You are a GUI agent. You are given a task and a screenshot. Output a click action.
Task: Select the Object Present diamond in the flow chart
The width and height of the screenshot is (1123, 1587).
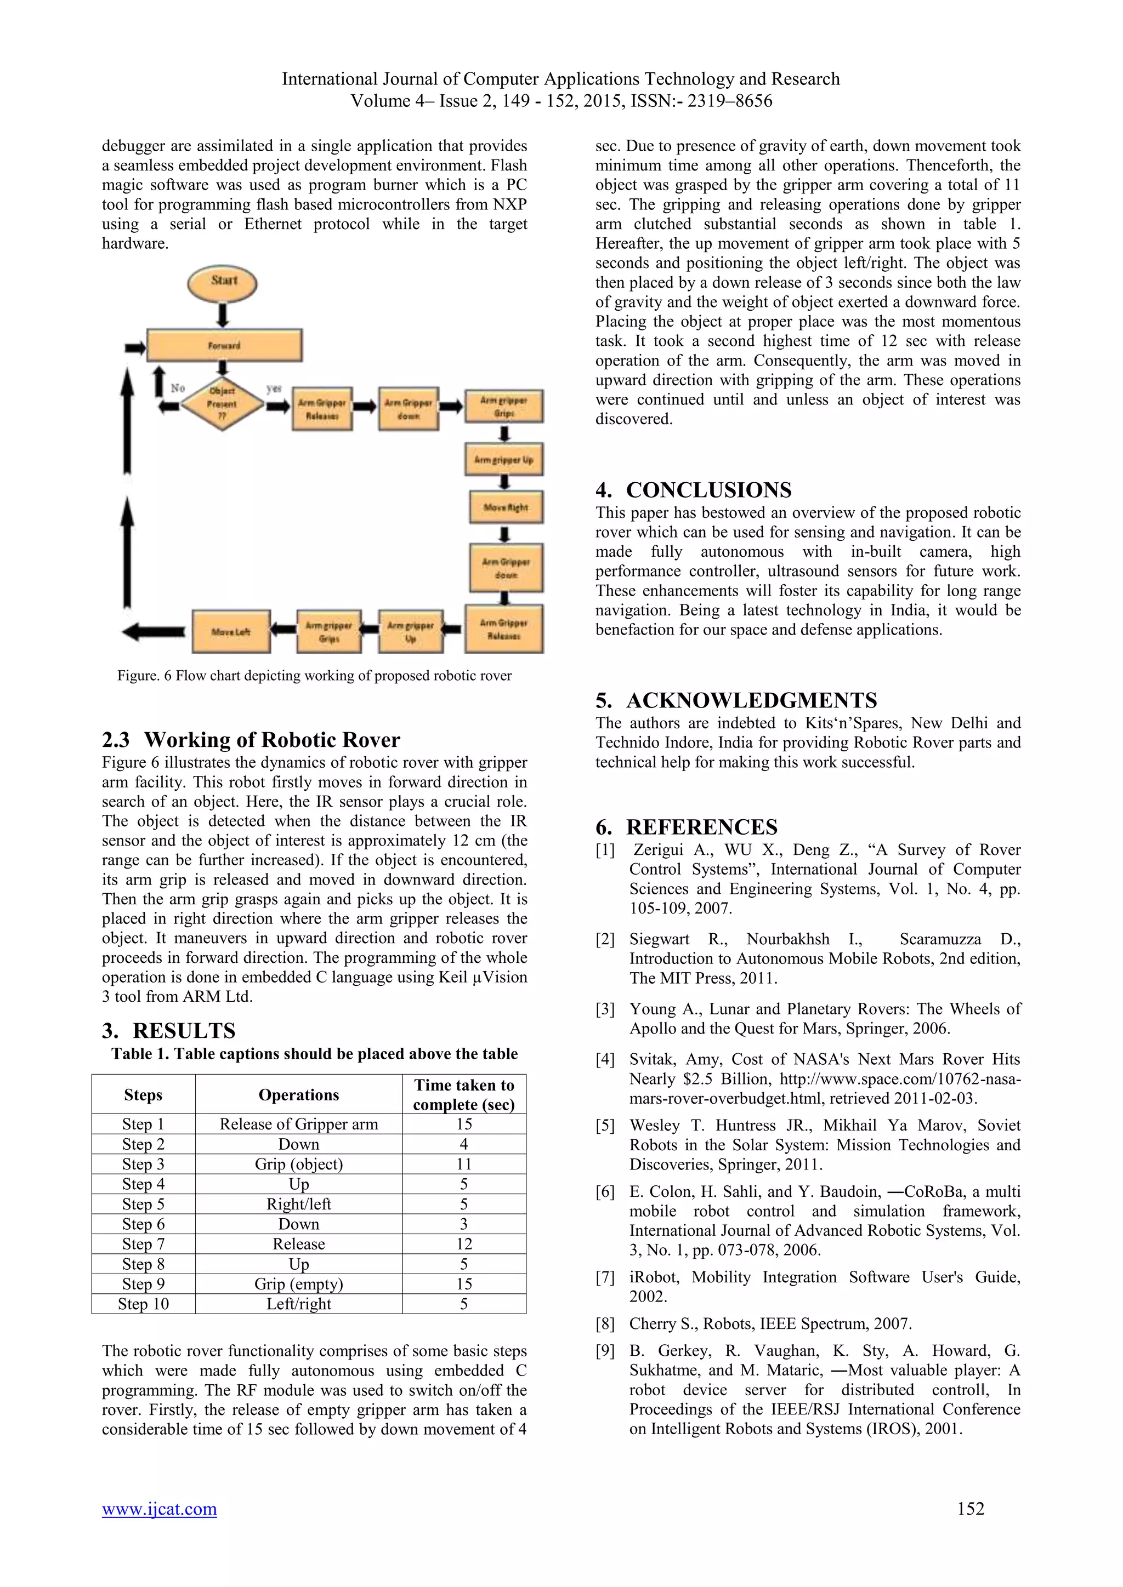point(222,404)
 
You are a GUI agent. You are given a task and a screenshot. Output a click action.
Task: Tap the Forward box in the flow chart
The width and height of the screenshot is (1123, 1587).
point(224,345)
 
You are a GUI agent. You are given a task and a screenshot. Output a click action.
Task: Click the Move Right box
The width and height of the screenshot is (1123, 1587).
point(506,507)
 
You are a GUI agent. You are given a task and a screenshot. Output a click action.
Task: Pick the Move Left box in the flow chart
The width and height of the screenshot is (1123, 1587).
point(230,632)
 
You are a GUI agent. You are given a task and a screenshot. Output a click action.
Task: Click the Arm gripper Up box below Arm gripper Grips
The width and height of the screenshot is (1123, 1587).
point(503,460)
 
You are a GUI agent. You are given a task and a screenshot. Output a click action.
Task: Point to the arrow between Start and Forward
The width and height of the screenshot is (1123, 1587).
point(223,315)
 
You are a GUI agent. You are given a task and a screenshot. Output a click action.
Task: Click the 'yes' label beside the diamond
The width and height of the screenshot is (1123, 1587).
point(274,389)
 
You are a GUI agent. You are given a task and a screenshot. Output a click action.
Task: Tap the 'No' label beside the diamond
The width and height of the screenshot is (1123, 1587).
point(178,389)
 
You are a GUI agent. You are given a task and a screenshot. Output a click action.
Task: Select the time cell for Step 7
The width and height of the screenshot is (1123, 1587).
point(463,1243)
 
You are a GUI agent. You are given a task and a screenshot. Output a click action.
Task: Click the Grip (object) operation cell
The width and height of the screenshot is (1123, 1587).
point(299,1164)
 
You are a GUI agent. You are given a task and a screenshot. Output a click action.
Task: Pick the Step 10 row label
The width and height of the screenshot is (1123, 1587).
point(143,1304)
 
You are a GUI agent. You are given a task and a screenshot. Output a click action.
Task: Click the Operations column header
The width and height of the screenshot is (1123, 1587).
point(299,1095)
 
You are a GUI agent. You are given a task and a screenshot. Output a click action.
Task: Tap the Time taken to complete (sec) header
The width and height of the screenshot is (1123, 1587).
point(463,1095)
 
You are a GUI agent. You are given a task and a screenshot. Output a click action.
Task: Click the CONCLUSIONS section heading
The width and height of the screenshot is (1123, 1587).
point(694,490)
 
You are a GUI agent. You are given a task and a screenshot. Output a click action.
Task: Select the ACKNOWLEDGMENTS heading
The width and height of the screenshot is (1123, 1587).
point(736,700)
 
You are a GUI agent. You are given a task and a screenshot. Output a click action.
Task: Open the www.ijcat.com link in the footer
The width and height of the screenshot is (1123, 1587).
point(159,1508)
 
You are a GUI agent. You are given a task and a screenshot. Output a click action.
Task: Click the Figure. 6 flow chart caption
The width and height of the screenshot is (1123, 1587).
point(314,675)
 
